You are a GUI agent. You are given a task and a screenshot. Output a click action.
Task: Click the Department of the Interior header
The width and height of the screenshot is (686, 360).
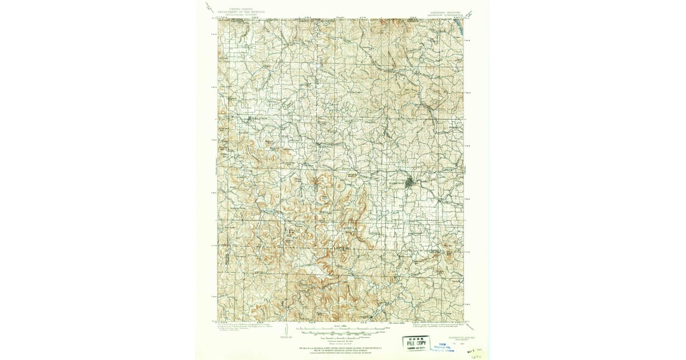tap(240, 12)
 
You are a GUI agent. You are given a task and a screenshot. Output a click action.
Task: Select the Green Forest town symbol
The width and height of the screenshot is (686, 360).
tap(252, 118)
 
